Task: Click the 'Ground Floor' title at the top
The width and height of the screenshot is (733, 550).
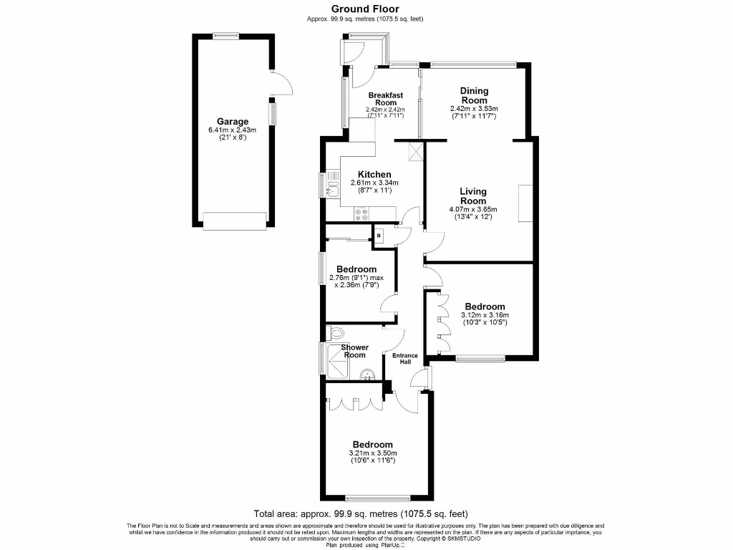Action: pos(366,9)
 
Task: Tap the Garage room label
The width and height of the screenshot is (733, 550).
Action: pos(233,121)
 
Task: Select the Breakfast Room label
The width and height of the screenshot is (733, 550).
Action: pos(386,99)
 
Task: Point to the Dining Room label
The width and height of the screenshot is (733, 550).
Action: pos(474,95)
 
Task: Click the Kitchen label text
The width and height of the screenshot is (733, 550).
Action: pos(374,174)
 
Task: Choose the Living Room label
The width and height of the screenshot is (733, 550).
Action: pos(473,196)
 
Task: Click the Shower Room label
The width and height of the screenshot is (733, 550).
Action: pos(355,351)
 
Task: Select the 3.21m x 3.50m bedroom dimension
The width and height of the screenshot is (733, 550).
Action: pos(373,453)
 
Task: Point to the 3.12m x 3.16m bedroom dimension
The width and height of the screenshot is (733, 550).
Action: pos(486,314)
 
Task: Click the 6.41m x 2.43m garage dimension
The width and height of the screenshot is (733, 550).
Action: pos(233,130)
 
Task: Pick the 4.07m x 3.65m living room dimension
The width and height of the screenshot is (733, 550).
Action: pos(473,209)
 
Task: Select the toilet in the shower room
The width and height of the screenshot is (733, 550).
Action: pos(337,332)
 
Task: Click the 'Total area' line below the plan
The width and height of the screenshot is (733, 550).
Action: pos(361,513)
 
